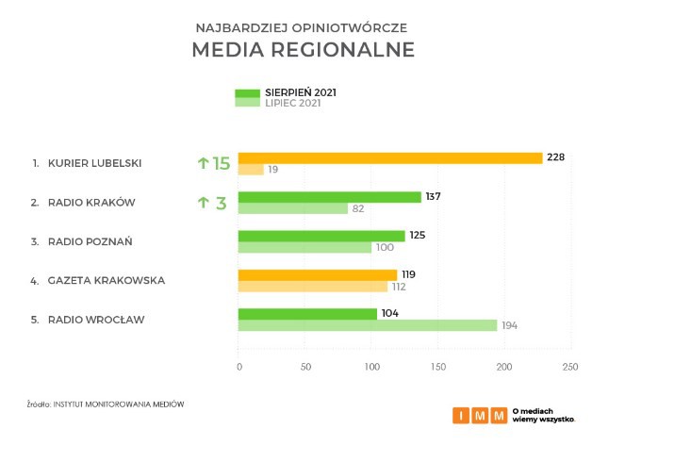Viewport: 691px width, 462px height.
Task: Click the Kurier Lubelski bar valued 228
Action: pyautogui.click(x=390, y=157)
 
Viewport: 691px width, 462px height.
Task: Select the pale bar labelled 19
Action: pyautogui.click(x=251, y=170)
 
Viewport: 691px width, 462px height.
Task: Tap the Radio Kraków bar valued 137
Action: pyautogui.click(x=330, y=197)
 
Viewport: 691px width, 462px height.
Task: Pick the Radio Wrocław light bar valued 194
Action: pyautogui.click(x=368, y=325)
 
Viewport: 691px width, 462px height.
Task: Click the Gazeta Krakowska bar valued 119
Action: pyautogui.click(x=317, y=275)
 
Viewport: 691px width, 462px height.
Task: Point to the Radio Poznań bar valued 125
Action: pyautogui.click(x=321, y=236)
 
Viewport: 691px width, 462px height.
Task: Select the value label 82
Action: pyautogui.click(x=358, y=208)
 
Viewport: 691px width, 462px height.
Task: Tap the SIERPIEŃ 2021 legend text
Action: pyautogui.click(x=301, y=92)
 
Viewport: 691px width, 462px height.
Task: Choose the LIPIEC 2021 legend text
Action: pyautogui.click(x=293, y=103)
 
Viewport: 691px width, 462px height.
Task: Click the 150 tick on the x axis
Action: pyautogui.click(x=437, y=366)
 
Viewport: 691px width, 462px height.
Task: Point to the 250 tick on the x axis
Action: pyautogui.click(x=568, y=366)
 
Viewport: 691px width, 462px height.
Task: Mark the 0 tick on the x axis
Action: pyautogui.click(x=239, y=366)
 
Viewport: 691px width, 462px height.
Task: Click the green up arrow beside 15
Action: pyautogui.click(x=203, y=163)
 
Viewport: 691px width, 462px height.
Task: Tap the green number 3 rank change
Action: pyautogui.click(x=222, y=203)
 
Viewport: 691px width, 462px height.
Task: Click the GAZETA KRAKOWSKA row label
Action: pyautogui.click(x=107, y=280)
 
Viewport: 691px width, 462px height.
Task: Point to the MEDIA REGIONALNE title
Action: pyautogui.click(x=303, y=50)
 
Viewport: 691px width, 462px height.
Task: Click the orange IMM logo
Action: pyautogui.click(x=479, y=415)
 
